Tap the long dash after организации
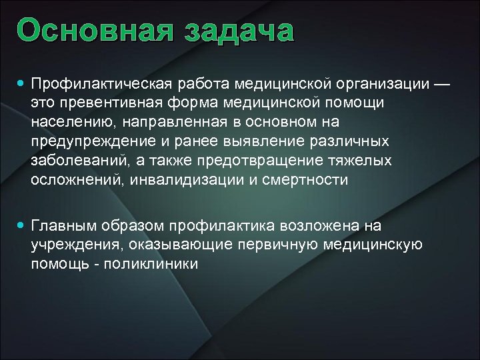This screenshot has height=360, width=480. pos(441,85)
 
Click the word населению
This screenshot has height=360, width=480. pos(67,123)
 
